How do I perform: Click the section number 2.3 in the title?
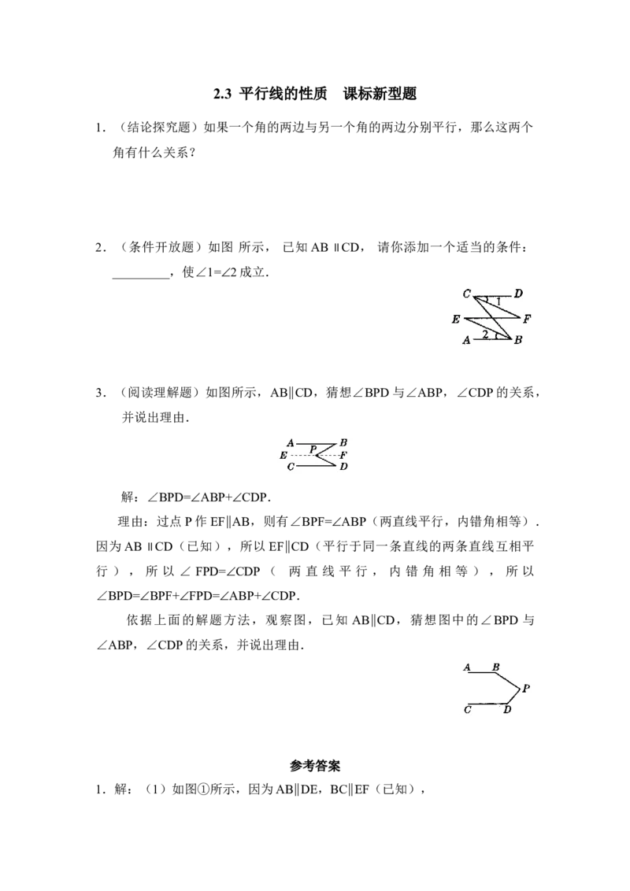click(x=222, y=94)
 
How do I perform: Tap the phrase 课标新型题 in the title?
click(x=380, y=94)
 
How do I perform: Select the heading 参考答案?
click(x=315, y=766)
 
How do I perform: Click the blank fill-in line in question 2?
click(x=141, y=278)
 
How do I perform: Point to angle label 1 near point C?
click(x=498, y=301)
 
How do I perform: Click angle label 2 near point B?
click(x=485, y=334)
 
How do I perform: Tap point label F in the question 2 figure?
click(x=527, y=319)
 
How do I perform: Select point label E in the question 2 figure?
click(x=456, y=320)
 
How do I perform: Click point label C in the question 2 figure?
click(x=467, y=294)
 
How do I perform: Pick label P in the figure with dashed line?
click(x=313, y=449)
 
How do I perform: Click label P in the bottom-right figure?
click(x=526, y=688)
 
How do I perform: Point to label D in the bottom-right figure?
click(x=507, y=709)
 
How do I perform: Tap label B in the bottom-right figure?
click(x=496, y=667)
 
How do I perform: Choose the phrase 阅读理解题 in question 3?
click(x=161, y=393)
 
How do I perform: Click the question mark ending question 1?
click(x=191, y=153)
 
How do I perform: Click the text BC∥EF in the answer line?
click(x=350, y=789)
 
